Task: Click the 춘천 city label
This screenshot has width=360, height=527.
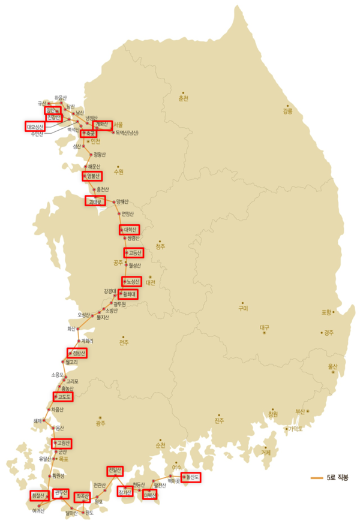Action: [183, 98]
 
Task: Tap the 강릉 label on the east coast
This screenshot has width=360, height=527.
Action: [288, 111]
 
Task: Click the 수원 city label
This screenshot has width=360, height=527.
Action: [118, 172]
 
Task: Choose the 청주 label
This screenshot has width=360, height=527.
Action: [160, 246]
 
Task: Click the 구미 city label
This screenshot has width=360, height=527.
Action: [243, 309]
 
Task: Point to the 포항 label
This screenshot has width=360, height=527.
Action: [326, 312]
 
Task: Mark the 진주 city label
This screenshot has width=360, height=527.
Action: [218, 421]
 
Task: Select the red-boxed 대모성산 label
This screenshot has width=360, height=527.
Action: [35, 127]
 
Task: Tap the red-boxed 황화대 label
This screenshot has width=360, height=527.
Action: [128, 294]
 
